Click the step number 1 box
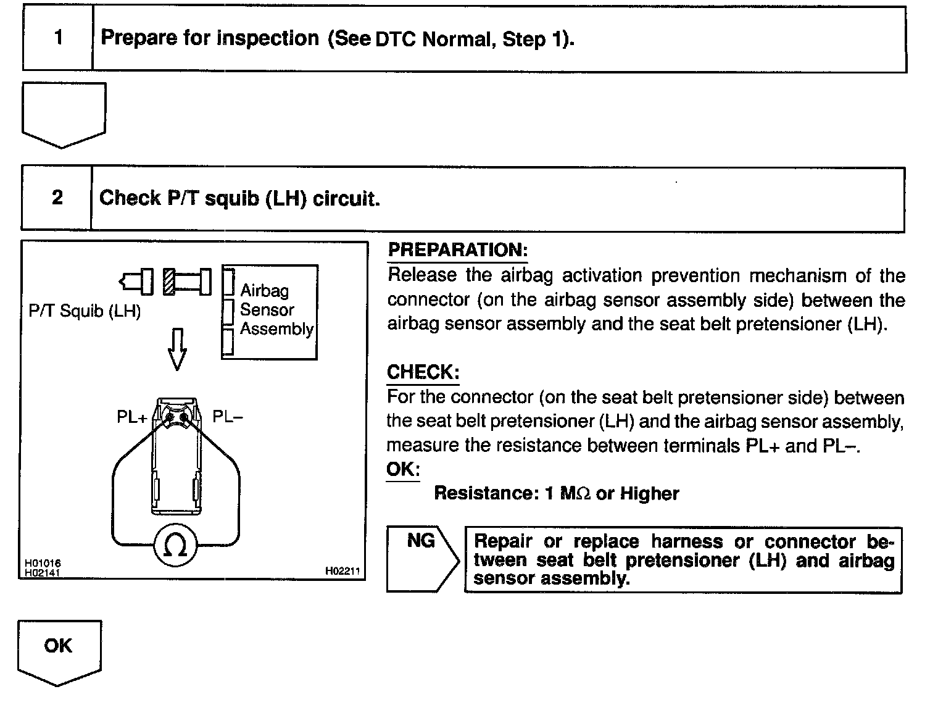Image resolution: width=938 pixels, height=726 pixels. [58, 38]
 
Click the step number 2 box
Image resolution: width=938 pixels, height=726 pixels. [57, 198]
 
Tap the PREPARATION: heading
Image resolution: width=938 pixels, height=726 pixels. [457, 250]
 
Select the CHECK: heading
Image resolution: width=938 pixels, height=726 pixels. [423, 372]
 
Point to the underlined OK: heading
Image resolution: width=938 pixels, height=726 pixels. [402, 469]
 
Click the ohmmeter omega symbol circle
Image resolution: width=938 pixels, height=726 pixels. [176, 545]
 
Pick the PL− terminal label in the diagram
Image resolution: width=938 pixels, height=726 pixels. [228, 417]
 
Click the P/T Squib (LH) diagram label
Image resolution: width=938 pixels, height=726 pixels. [85, 311]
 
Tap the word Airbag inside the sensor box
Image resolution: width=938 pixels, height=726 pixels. [264, 290]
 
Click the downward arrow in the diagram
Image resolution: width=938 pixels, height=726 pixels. [177, 349]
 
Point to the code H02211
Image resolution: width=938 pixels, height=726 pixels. [342, 572]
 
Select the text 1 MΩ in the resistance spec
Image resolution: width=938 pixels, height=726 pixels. [568, 494]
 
